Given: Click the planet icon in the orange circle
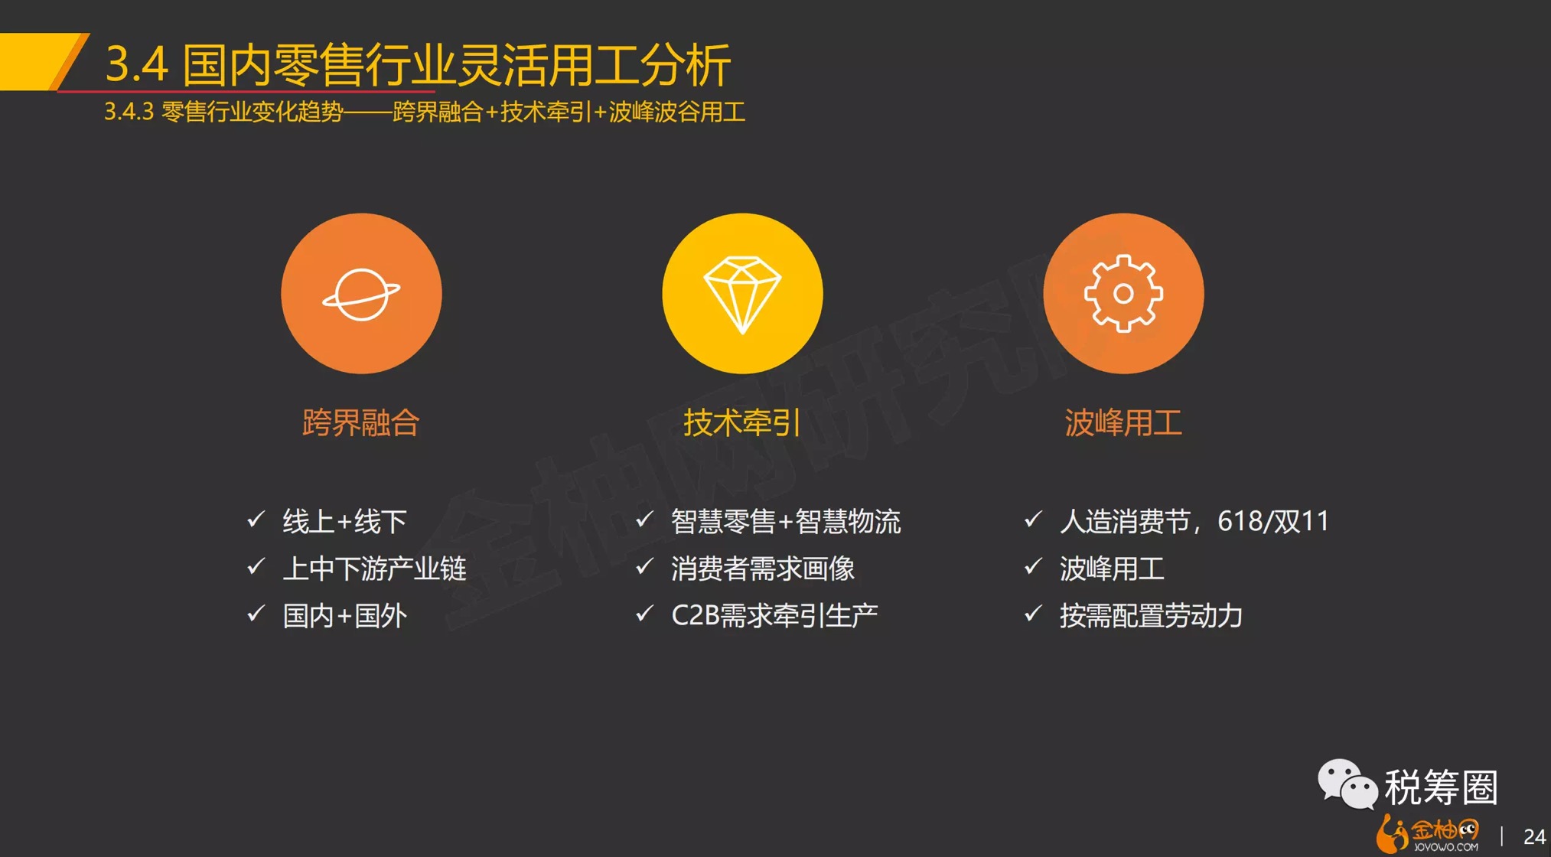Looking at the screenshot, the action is (361, 294).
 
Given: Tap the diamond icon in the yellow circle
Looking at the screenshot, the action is (742, 295).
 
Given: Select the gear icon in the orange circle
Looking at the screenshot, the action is (1123, 293).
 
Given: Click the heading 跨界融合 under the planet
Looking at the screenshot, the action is (361, 422).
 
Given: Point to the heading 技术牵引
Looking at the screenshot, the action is (742, 422).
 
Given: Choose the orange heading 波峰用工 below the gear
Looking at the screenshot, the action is (1123, 422).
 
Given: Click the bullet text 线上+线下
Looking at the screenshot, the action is (344, 522).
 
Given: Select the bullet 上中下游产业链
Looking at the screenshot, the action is (374, 569).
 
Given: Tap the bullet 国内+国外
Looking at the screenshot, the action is (344, 616).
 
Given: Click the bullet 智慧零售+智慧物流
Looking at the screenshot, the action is (786, 522).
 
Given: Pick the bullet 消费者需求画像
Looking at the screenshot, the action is (763, 569).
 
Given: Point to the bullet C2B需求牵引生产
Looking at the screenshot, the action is (774, 616).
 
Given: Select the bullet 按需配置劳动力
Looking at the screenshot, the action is (1151, 616).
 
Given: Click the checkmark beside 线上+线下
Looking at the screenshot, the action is (256, 520).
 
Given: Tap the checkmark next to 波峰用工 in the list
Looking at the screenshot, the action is (1034, 566).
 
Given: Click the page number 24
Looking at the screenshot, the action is (1534, 836).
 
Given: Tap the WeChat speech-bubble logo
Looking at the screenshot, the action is (1347, 784).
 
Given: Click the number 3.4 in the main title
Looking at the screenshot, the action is (136, 64).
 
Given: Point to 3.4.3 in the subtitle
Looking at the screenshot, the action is (129, 112).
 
